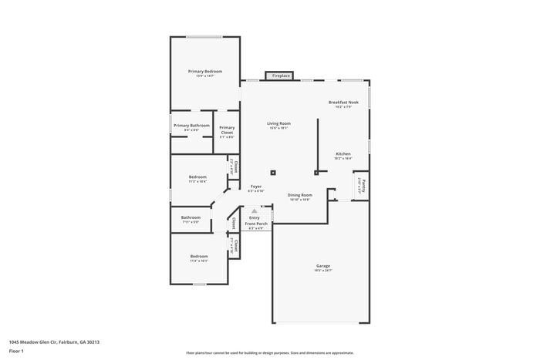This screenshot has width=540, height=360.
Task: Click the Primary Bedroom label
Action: point(204,71)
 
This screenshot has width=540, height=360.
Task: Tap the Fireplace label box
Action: point(280,76)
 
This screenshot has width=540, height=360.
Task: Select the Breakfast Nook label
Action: point(343,103)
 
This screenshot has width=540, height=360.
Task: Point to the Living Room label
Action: point(278,123)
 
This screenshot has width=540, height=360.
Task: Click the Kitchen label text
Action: point(343,153)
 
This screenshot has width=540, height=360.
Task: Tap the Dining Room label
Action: point(299,195)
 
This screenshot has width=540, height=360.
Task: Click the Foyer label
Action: point(256,187)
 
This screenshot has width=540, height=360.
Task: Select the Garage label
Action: point(322,266)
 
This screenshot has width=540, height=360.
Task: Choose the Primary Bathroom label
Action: point(191,126)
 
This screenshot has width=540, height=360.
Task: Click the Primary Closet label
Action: point(227,130)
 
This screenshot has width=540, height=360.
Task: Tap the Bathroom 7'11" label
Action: point(191,217)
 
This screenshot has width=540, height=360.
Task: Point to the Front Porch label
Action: point(255,224)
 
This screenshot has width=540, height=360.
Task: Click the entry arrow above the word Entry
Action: point(255,211)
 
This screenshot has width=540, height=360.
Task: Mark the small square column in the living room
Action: point(272,173)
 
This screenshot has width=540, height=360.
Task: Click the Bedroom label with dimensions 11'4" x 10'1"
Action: point(199,256)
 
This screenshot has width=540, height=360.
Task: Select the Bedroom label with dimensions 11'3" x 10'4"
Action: point(197,177)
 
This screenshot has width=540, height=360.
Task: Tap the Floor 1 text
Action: point(16,351)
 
